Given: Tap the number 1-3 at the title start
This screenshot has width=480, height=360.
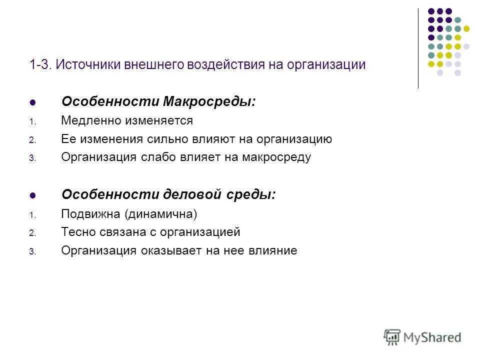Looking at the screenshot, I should tap(40, 65).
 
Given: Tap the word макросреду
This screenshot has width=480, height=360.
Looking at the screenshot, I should tap(276, 157).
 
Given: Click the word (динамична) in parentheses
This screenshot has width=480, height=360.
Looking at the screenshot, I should tap(161, 214).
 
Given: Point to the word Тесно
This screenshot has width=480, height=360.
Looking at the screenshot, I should tap(76, 232).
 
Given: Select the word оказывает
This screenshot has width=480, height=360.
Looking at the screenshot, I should tap(169, 251).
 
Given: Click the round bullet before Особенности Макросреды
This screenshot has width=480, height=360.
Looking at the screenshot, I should tap(33, 102).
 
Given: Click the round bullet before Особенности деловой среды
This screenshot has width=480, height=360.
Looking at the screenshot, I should tap(33, 195).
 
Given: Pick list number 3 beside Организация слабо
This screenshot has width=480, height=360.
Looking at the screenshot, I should tap(31, 158).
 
